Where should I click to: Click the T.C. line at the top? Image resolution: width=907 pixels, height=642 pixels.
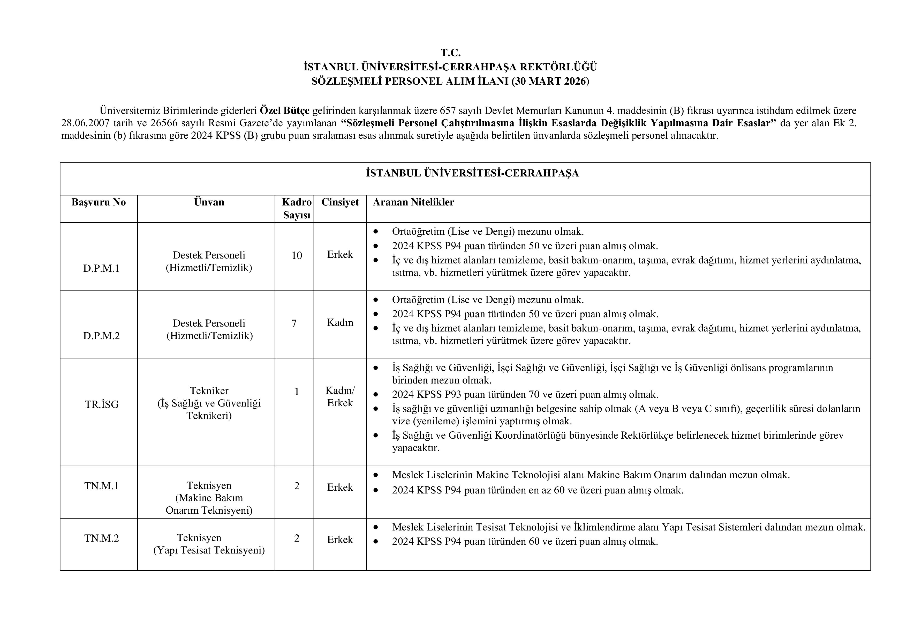[x=450, y=53]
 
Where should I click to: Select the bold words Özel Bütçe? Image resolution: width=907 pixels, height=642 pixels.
[x=284, y=110]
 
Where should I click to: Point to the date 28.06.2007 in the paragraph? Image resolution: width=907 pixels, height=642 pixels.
[x=85, y=123]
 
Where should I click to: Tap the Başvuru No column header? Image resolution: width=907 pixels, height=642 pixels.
[x=99, y=202]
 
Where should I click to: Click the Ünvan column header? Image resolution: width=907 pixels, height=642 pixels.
[x=209, y=202]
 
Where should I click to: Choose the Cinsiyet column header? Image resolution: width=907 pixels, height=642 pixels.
[x=340, y=202]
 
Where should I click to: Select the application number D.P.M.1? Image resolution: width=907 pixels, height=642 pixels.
[x=101, y=268]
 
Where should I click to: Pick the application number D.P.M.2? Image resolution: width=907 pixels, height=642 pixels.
[x=101, y=336]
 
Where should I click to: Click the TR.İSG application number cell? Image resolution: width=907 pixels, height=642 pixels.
[x=102, y=404]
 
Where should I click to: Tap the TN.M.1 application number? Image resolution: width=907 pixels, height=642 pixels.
[x=102, y=486]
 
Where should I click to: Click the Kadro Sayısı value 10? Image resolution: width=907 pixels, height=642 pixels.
[x=297, y=255]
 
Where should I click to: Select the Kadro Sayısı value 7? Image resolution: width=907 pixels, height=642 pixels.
[x=294, y=323]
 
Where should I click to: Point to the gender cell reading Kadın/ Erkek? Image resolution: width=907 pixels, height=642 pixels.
[x=340, y=396]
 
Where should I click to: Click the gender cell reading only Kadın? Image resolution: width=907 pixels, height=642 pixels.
[x=340, y=323]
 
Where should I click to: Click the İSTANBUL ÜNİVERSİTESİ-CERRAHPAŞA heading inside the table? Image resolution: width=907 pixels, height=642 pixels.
[x=472, y=173]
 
